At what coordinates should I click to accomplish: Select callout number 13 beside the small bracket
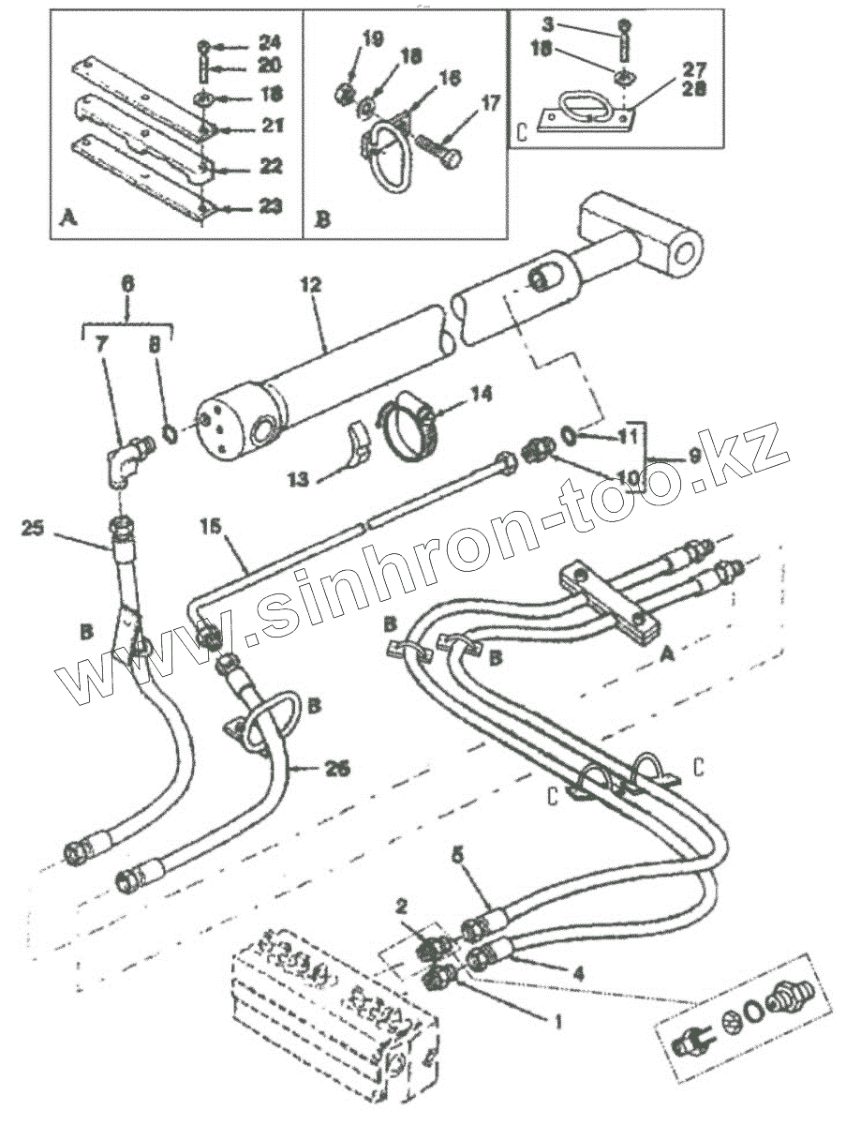[299, 479]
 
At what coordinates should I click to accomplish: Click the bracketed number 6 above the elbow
[128, 280]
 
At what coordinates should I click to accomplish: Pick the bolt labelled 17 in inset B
[438, 151]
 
